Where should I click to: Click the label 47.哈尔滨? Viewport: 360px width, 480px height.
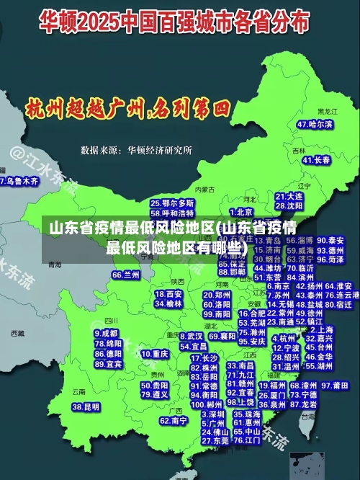(x=315, y=124)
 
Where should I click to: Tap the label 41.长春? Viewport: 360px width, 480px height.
(x=316, y=160)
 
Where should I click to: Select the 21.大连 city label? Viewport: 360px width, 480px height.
(x=289, y=195)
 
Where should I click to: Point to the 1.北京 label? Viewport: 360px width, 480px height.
(x=240, y=212)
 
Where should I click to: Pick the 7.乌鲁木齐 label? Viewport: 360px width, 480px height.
(x=19, y=181)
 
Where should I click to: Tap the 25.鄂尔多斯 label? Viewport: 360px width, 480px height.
(x=172, y=204)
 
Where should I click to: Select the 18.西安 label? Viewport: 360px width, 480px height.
(x=168, y=294)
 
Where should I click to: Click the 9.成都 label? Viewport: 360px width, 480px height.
(x=106, y=334)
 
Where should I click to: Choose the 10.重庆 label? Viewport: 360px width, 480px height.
(x=155, y=355)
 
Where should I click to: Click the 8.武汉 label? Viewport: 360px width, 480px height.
(x=191, y=336)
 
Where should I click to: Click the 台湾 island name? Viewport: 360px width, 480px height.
(x=308, y=416)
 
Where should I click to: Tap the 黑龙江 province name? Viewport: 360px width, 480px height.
(x=328, y=112)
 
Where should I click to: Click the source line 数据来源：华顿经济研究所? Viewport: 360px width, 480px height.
(x=136, y=150)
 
